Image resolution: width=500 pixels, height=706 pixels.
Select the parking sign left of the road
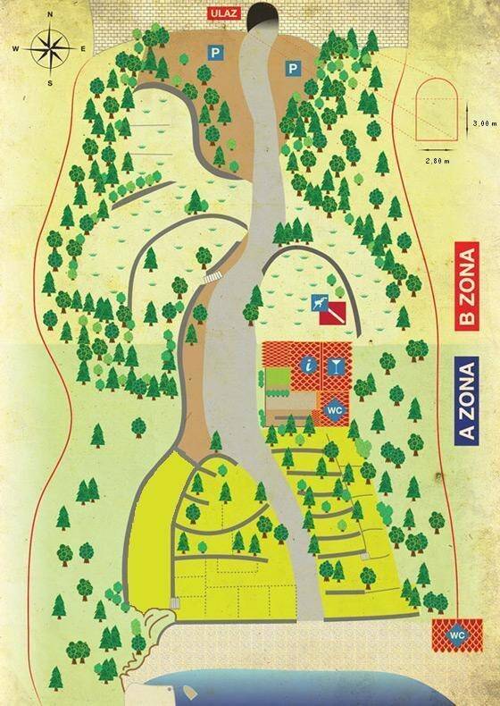click(214, 54)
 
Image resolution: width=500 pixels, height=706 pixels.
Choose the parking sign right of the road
click(292, 68)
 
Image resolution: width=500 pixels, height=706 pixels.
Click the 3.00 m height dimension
click(482, 122)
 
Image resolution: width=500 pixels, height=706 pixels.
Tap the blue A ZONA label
click(465, 400)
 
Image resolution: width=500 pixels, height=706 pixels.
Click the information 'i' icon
click(308, 365)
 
